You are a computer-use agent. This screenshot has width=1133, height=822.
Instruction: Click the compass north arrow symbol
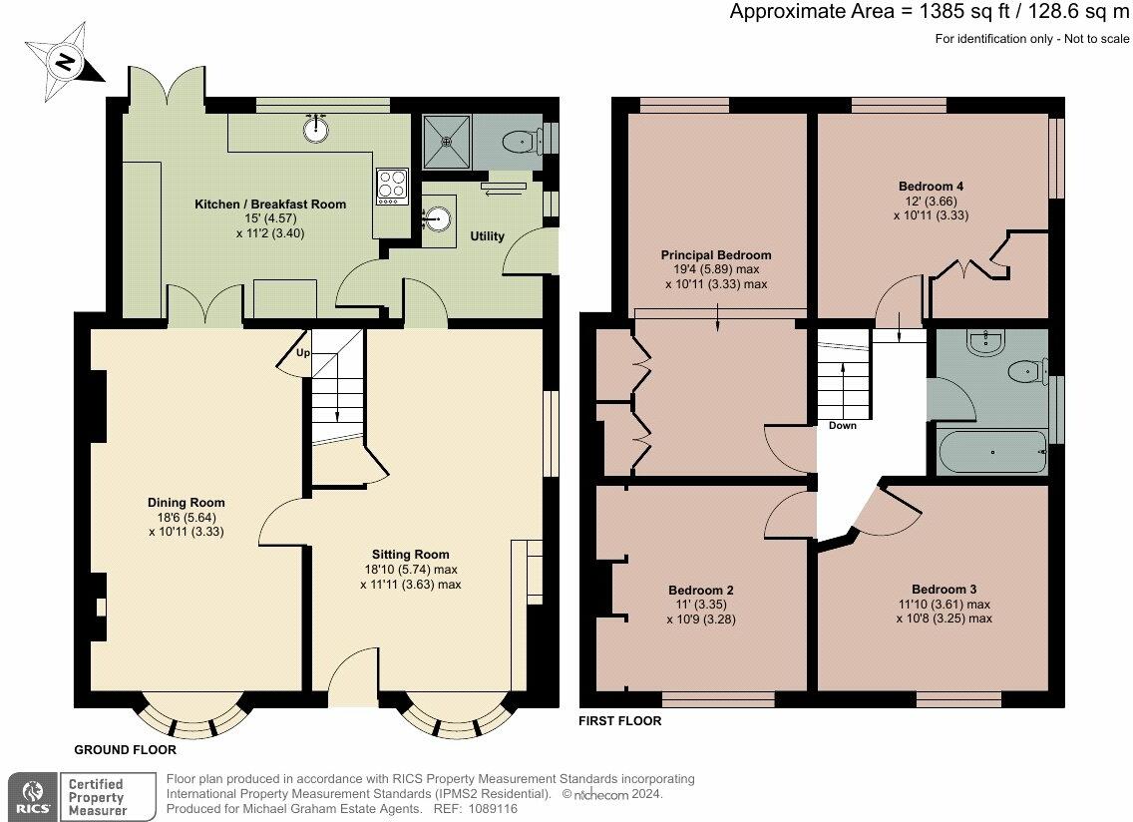(64, 63)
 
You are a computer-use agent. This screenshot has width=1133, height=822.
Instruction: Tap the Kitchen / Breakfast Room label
(270, 205)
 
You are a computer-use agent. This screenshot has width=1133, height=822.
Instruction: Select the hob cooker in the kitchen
(391, 186)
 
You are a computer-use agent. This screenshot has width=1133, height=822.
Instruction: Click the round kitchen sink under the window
(317, 128)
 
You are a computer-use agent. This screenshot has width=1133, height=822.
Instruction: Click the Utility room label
(488, 236)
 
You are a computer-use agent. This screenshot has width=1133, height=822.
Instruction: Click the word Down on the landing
(843, 425)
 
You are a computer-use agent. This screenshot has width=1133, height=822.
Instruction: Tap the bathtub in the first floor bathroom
(992, 454)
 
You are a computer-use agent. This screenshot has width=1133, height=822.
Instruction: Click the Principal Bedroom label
(716, 255)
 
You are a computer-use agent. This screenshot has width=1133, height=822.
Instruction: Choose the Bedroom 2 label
(701, 590)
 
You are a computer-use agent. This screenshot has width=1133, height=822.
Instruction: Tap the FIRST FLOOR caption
(619, 720)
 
